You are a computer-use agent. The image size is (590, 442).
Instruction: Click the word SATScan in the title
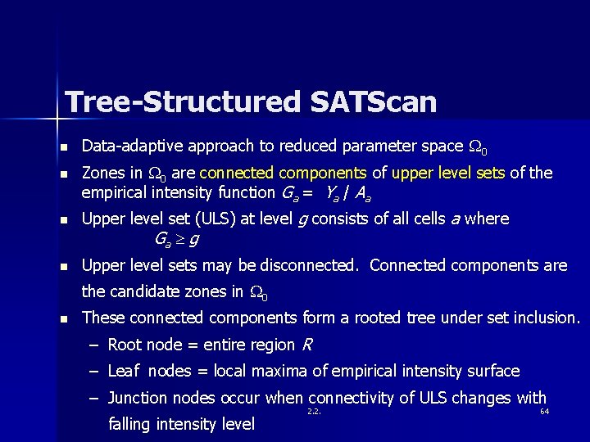[374, 102]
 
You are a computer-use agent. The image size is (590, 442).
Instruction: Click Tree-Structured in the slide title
[183, 102]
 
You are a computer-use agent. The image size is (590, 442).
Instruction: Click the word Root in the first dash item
[126, 345]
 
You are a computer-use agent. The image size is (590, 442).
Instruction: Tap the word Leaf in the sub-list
[124, 372]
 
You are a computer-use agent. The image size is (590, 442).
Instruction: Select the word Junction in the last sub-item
[140, 399]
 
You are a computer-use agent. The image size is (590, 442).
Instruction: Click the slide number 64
[544, 411]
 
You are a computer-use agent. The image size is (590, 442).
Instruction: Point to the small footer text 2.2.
[313, 411]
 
